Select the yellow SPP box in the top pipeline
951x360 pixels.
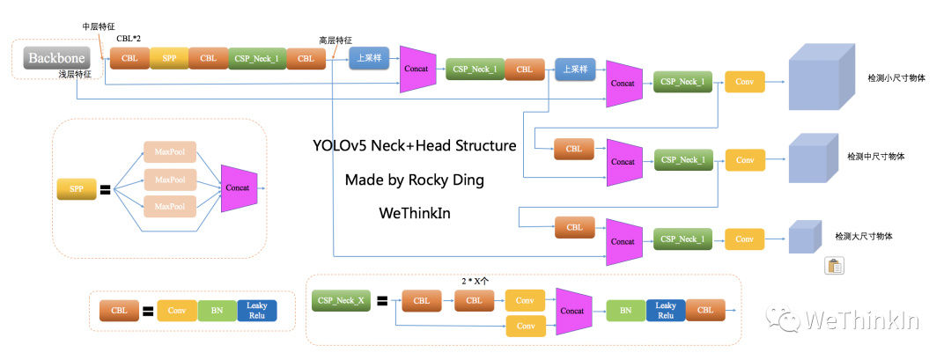[x=169, y=59]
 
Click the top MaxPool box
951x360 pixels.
[x=170, y=152]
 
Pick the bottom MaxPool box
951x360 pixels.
[x=170, y=206]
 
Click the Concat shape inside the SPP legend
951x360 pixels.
[x=238, y=187]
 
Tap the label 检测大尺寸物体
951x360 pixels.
[x=865, y=237]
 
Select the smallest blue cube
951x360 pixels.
[x=802, y=236]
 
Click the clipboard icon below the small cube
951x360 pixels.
[x=834, y=267]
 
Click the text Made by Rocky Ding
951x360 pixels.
[x=414, y=180]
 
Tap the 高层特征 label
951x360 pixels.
[x=335, y=40]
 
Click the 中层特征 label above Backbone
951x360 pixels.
[x=99, y=26]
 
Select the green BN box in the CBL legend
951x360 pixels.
[x=217, y=311]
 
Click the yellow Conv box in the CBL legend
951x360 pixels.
[x=177, y=311]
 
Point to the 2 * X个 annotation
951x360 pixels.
[x=475, y=281]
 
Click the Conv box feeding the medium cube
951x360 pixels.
[x=745, y=160]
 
